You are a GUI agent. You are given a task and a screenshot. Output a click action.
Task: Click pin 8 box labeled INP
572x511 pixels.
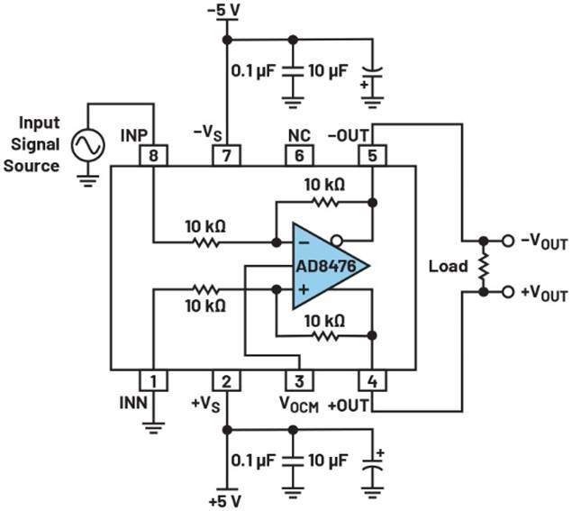(154, 155)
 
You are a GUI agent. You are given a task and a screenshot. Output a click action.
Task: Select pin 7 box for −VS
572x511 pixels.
(226, 155)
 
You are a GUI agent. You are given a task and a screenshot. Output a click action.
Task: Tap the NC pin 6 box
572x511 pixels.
(298, 155)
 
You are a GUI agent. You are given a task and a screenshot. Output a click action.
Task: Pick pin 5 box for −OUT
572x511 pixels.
(371, 155)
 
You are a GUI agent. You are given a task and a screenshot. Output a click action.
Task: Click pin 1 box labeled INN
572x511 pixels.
(154, 381)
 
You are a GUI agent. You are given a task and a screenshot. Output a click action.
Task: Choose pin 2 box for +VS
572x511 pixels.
(226, 381)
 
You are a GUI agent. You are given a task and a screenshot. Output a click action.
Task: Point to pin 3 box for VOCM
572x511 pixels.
(298, 381)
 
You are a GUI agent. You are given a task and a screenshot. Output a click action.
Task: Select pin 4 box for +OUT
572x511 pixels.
(371, 381)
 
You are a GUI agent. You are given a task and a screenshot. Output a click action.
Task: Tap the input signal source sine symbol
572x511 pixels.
(88, 145)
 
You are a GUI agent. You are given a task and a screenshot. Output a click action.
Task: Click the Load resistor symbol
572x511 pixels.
(484, 267)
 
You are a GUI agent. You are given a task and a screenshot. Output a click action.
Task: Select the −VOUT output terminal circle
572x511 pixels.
(509, 242)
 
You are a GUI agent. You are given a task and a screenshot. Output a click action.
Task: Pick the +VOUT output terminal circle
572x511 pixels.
(509, 293)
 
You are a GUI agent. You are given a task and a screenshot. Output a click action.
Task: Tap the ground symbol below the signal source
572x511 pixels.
(88, 179)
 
